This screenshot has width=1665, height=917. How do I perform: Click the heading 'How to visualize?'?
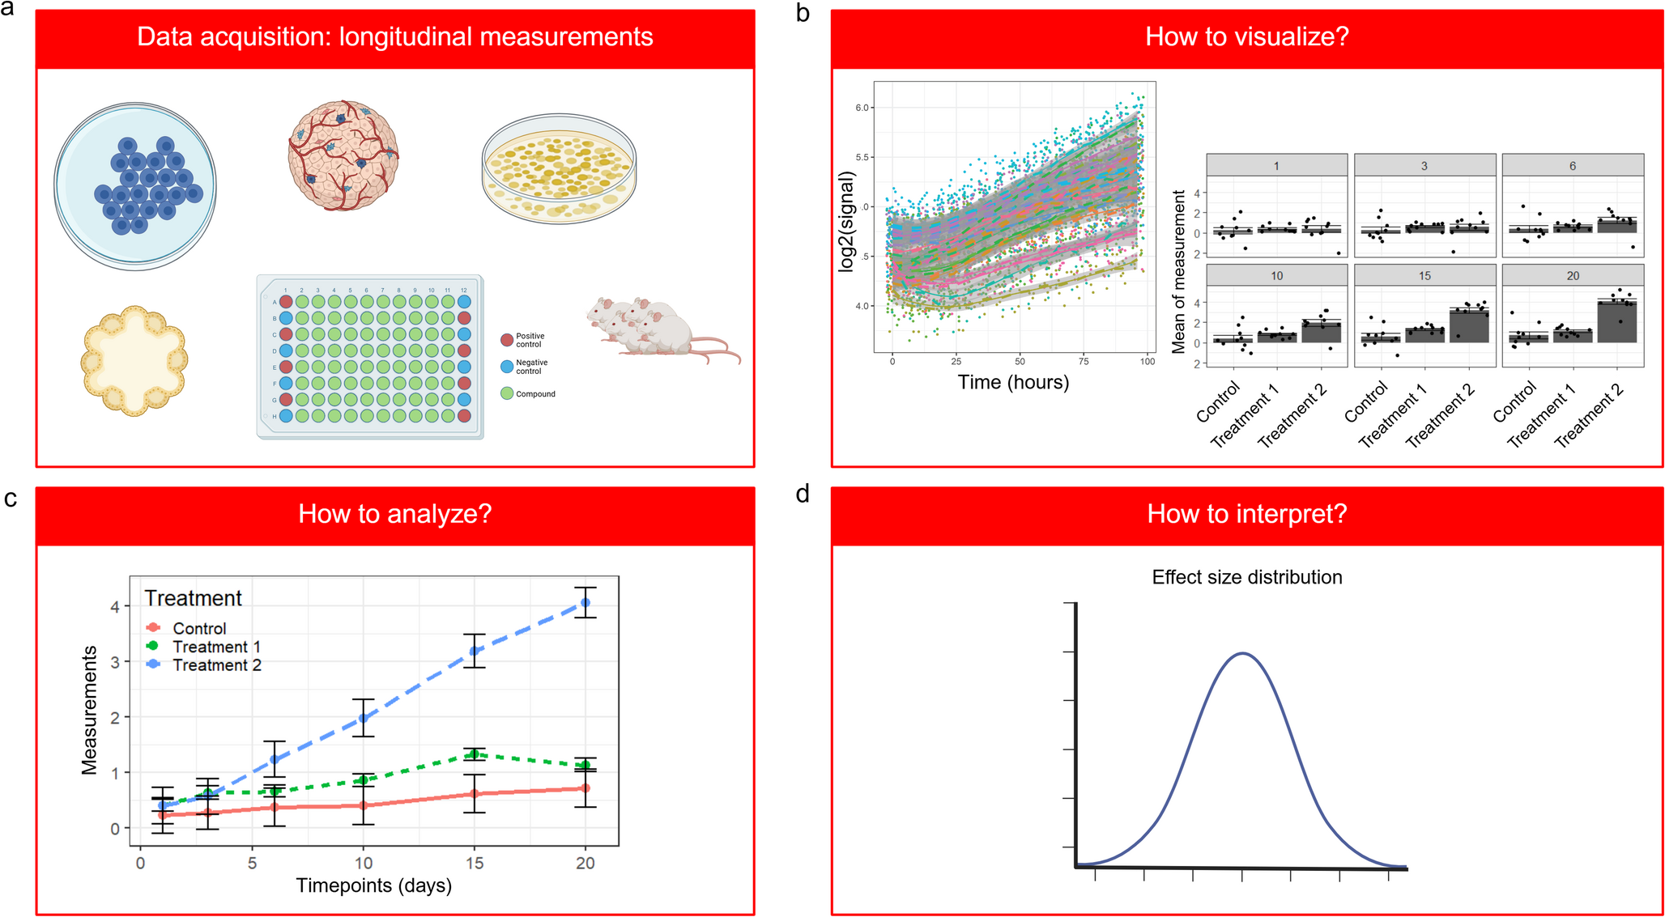pyautogui.click(x=1246, y=37)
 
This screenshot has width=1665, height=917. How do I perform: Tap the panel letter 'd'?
pyautogui.click(x=803, y=494)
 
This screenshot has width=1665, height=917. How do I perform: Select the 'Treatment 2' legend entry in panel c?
pyautogui.click(x=216, y=665)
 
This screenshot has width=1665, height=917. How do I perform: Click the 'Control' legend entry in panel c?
pyautogui.click(x=199, y=629)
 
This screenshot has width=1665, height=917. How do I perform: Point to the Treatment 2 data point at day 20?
pyautogui.click(x=585, y=603)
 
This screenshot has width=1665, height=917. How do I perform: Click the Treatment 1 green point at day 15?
pyautogui.click(x=475, y=754)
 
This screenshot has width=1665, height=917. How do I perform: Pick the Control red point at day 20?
pyautogui.click(x=585, y=788)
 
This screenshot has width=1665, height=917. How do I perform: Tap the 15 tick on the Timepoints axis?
pyautogui.click(x=475, y=863)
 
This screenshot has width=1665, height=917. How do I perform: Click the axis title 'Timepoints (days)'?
pyautogui.click(x=373, y=885)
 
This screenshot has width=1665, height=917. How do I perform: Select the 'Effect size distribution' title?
pyautogui.click(x=1246, y=577)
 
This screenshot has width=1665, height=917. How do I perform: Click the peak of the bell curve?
pyautogui.click(x=1242, y=653)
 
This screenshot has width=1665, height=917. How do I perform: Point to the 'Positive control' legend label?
pyautogui.click(x=530, y=340)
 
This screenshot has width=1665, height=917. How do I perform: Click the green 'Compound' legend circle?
pyautogui.click(x=507, y=393)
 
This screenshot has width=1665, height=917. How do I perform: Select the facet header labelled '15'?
pyautogui.click(x=1424, y=276)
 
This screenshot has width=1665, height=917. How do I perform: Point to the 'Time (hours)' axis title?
pyautogui.click(x=1013, y=382)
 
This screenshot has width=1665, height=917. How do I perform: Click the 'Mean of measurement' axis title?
pyautogui.click(x=1178, y=271)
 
